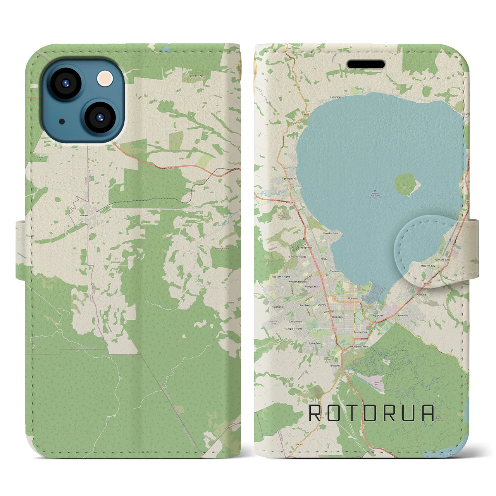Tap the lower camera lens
pyautogui.click(x=99, y=117)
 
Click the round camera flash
pyautogui.click(x=105, y=78)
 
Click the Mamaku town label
pyautogui.click(x=84, y=214)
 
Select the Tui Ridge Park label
pyautogui.click(x=196, y=76)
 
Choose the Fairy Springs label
pyautogui.click(x=305, y=247)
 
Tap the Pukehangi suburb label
pyautogui.click(x=278, y=307)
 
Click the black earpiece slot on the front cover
pyautogui.click(x=365, y=64)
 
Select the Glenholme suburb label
pyautogui.click(x=337, y=317)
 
